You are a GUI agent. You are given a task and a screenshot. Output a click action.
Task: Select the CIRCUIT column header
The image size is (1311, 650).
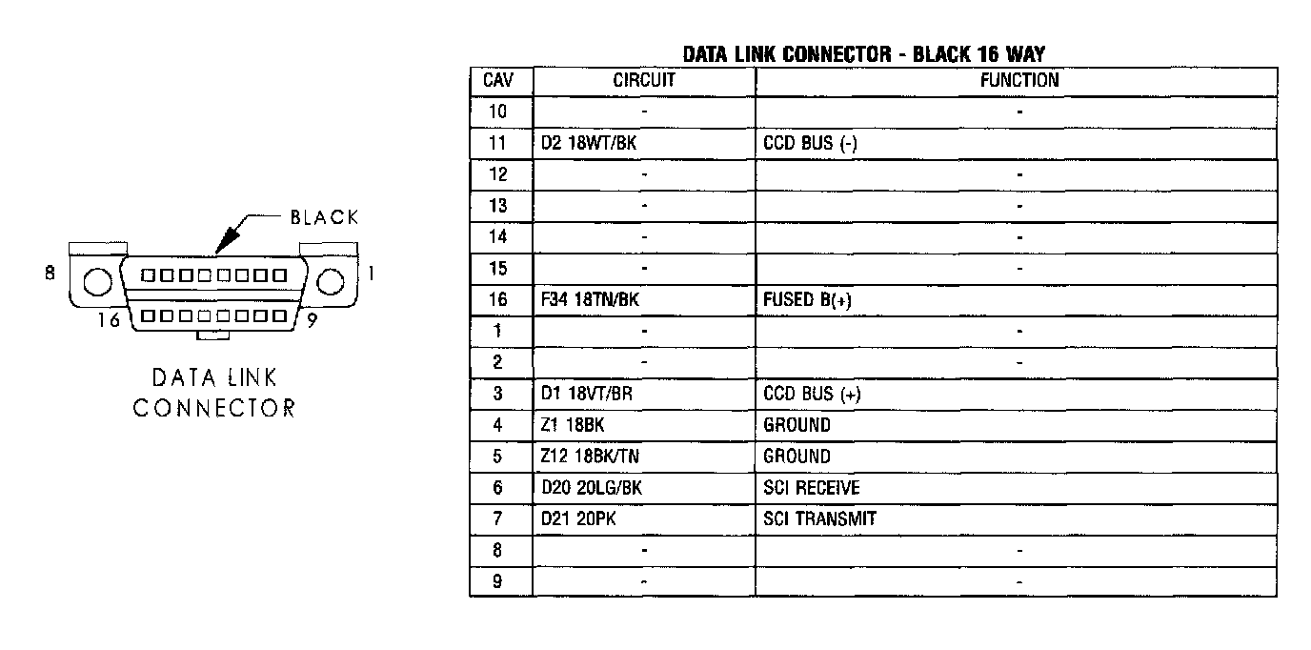(x=643, y=81)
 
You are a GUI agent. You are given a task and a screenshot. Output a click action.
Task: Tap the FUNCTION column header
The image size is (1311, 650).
(x=1019, y=81)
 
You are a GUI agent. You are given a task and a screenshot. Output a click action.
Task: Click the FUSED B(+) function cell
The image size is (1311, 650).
(x=807, y=300)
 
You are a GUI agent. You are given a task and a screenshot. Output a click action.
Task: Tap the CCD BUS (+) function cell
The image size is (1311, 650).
(x=812, y=395)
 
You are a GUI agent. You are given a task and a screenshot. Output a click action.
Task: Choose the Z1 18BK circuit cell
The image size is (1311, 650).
(x=572, y=425)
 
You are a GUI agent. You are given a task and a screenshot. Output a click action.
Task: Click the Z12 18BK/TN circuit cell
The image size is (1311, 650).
(x=590, y=457)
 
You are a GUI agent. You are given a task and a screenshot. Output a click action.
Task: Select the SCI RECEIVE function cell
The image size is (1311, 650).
(x=812, y=488)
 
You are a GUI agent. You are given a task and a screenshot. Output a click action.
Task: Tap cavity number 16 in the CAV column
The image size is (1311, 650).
(x=498, y=300)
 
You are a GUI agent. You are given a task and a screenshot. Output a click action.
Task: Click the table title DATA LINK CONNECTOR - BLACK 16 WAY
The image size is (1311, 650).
(x=863, y=54)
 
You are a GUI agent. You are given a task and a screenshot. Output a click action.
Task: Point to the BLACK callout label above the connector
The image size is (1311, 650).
(x=325, y=217)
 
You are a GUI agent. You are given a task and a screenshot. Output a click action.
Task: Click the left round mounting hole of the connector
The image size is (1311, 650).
(x=96, y=283)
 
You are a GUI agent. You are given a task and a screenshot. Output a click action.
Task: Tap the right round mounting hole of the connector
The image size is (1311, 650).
(x=331, y=282)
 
